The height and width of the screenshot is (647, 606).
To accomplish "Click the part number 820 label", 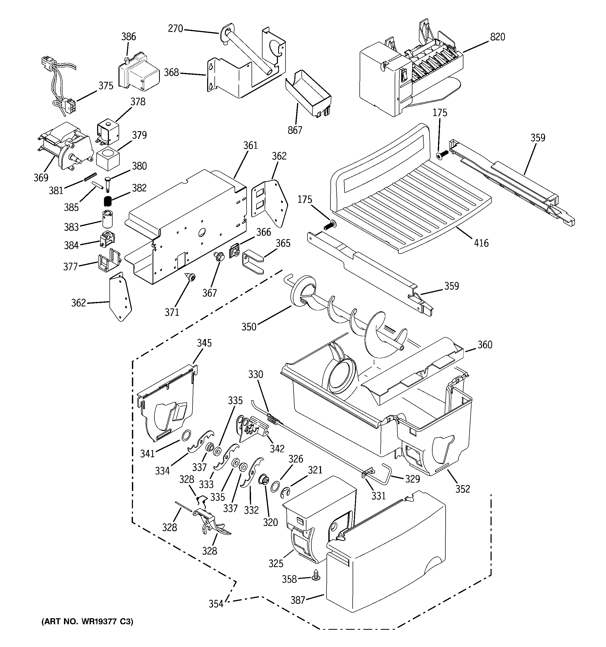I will (497, 37).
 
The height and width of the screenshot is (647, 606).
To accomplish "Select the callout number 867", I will (295, 130).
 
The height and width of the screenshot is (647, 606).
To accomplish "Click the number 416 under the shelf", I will (481, 243).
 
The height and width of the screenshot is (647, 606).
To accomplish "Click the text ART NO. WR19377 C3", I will (87, 622).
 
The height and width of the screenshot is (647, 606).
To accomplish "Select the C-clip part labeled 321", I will (285, 493).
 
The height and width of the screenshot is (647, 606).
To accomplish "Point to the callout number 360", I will (485, 345).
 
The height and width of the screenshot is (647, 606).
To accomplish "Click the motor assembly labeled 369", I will (65, 145).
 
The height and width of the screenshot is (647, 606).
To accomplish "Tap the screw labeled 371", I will (191, 278).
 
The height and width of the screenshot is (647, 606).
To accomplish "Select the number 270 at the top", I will (175, 29).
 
